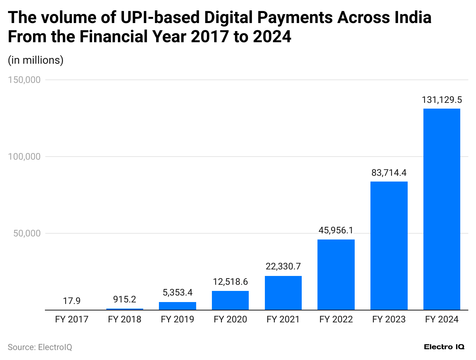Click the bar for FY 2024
[441, 209]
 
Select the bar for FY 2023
[389, 246]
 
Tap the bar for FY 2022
[336, 274]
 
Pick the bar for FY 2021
[283, 292]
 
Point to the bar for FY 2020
[230, 300]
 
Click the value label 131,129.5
[441, 100]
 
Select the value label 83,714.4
[389, 173]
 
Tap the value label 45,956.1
[336, 231]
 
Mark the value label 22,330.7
[283, 267]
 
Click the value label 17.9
[72, 301]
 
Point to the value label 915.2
[125, 299]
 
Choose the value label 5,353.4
[177, 293]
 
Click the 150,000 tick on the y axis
[24, 80]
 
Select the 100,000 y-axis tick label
[24, 157]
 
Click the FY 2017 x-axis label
[72, 319]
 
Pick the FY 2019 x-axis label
[177, 319]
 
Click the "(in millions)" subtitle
[36, 60]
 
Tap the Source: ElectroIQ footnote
[40, 347]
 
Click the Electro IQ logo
[444, 347]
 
